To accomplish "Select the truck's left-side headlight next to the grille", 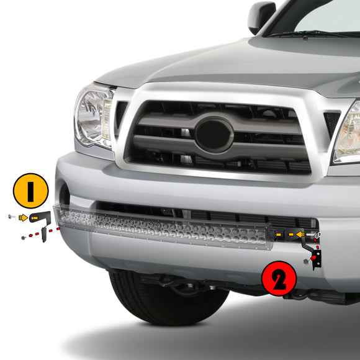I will [x=93, y=116].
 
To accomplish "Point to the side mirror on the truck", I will [x=261, y=17].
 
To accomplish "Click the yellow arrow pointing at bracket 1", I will [x=24, y=218].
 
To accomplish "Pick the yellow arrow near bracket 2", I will [x=300, y=235].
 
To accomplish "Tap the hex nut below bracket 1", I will [x=23, y=238].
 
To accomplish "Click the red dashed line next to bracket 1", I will [x=50, y=232].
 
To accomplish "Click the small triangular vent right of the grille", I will [x=331, y=122].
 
